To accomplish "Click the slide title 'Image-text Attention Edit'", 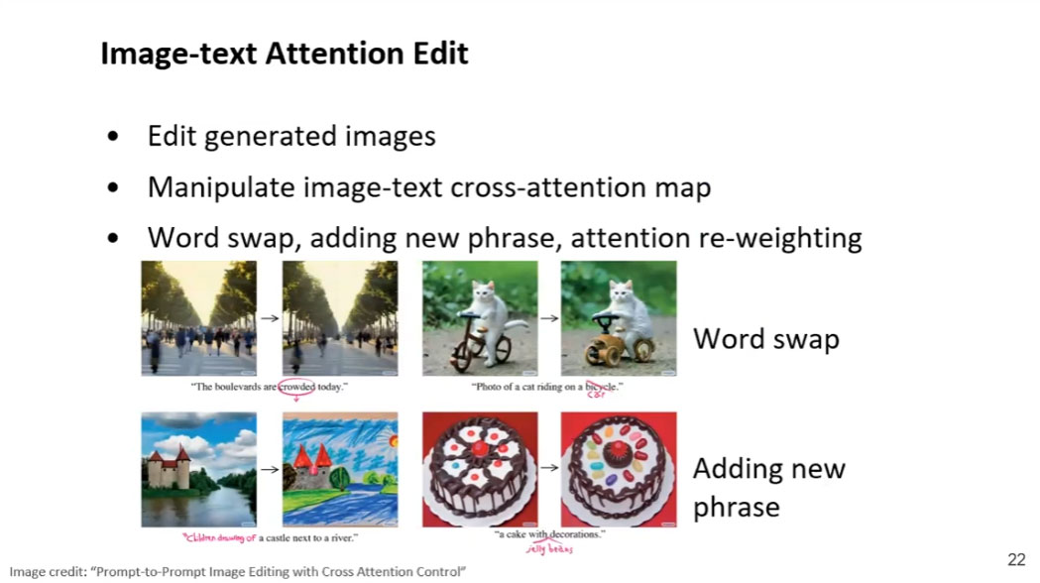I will click(285, 54).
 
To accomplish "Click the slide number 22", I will click(1016, 560).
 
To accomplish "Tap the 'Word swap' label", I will click(765, 339).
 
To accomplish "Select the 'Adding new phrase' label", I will click(768, 487).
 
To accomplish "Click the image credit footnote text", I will click(237, 572).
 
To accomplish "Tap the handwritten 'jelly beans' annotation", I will click(549, 548).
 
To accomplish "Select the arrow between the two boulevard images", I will click(269, 318).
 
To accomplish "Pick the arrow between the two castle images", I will click(269, 469).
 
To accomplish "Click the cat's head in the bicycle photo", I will click(483, 294).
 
